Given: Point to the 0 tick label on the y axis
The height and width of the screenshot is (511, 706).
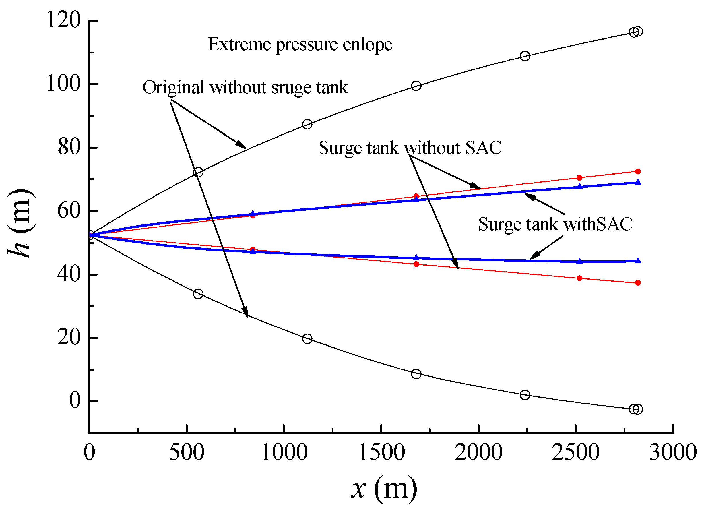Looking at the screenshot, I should click(x=75, y=401).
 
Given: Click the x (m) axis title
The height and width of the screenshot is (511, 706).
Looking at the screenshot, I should click(x=384, y=489).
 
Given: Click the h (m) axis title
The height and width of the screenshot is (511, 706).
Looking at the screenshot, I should click(x=21, y=223).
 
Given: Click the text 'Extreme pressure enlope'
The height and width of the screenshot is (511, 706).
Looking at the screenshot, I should click(x=300, y=44).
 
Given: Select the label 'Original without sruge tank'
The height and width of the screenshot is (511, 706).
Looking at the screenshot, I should click(x=245, y=87).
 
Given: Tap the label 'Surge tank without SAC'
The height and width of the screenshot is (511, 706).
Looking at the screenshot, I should click(x=410, y=148).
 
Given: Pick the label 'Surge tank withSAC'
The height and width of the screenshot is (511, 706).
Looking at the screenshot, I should click(x=555, y=224).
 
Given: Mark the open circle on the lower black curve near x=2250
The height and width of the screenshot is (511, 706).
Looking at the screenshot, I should click(x=525, y=395).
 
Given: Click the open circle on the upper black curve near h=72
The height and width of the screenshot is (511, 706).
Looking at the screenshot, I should click(x=198, y=172).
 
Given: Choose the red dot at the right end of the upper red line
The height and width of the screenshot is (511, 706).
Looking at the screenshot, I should click(x=637, y=172).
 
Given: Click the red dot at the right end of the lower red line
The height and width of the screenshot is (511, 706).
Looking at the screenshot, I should click(x=637, y=283).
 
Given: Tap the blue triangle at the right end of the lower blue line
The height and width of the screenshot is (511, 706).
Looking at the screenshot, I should click(x=637, y=261).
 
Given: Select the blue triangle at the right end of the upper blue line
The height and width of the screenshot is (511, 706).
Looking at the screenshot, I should click(x=637, y=183).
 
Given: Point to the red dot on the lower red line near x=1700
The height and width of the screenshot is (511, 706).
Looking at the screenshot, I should click(x=416, y=264).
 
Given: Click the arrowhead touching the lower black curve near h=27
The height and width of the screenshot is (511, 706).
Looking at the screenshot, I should click(x=246, y=312).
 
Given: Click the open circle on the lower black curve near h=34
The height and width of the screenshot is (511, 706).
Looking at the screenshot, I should click(x=198, y=294).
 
